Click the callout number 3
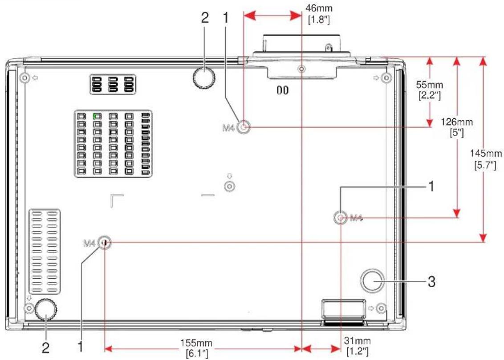431,282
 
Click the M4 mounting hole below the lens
244,127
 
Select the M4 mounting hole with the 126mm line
341,218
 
